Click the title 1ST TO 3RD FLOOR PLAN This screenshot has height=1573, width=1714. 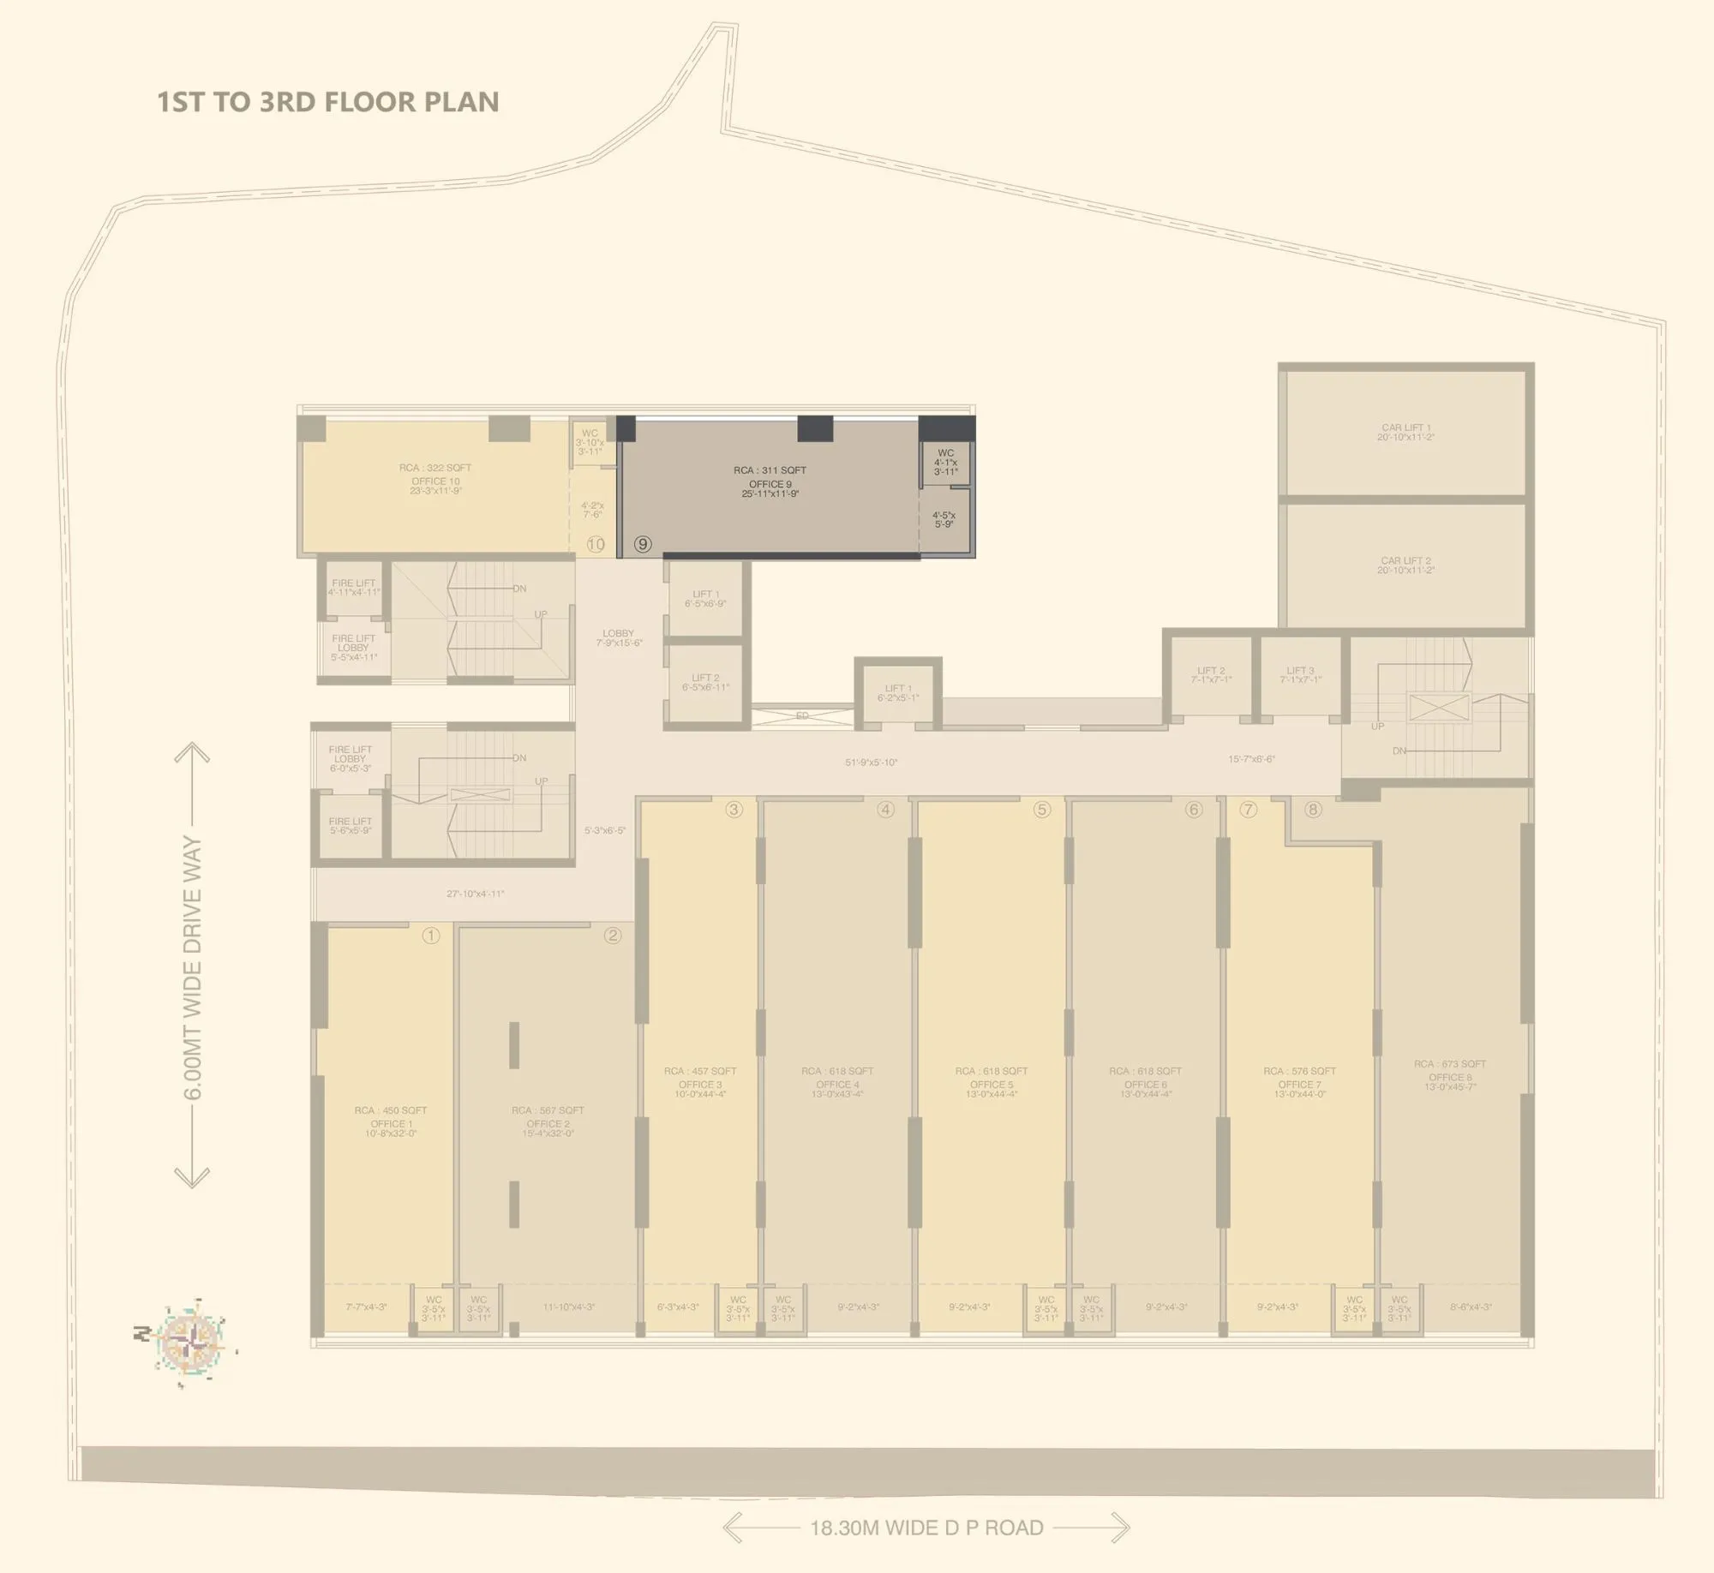click(327, 102)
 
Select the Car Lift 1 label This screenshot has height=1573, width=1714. click(1405, 432)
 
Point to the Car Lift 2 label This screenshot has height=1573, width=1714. click(1405, 565)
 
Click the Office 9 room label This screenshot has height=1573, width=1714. click(770, 482)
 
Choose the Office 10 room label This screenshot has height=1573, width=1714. click(435, 480)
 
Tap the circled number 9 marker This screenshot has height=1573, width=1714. click(643, 544)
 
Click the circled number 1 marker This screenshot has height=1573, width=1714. click(431, 936)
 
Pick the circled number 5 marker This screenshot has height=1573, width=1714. click(1041, 810)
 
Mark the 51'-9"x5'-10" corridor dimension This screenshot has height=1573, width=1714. click(871, 762)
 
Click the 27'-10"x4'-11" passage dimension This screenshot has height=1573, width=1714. click(475, 894)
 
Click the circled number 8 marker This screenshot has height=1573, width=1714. click(1312, 810)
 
